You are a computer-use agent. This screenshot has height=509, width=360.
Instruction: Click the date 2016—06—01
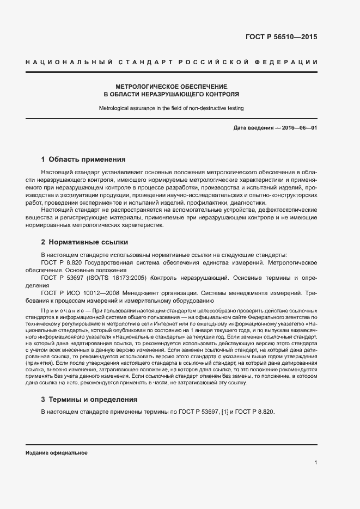tap(299, 128)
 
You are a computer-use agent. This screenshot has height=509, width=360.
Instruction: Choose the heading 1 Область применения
tap(83, 160)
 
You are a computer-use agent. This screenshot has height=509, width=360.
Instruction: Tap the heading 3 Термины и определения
tap(89, 399)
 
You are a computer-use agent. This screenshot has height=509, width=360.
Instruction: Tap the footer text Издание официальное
tap(57, 453)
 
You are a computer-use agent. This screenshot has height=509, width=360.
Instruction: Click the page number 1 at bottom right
tap(315, 462)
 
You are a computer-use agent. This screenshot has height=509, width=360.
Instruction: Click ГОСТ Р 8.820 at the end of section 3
tap(255, 412)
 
